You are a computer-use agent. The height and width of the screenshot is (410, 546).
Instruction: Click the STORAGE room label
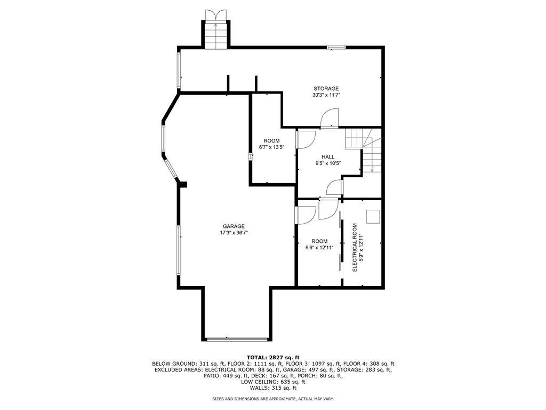(325, 89)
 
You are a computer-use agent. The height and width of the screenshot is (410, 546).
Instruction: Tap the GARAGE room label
(234, 226)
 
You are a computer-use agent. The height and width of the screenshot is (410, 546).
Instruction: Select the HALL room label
(328, 157)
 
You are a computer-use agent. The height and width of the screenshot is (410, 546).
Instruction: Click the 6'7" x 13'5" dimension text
(271, 147)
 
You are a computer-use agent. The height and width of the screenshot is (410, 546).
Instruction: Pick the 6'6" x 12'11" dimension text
(319, 248)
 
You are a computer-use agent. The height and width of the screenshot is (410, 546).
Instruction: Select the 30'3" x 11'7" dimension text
(326, 95)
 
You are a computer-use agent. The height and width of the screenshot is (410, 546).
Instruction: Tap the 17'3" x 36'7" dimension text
(234, 233)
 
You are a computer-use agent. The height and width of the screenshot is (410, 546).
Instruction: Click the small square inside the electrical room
(373, 216)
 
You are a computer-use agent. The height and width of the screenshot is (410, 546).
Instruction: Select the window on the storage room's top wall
(336, 48)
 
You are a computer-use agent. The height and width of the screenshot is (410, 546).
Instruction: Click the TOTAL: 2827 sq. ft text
(273, 357)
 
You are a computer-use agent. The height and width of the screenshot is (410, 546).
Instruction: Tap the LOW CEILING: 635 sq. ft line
(273, 382)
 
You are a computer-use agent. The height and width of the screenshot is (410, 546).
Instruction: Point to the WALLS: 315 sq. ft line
(273, 388)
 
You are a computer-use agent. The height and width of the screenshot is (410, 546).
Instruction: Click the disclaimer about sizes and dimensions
(273, 399)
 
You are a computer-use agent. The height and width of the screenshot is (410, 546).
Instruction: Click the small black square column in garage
(183, 185)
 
